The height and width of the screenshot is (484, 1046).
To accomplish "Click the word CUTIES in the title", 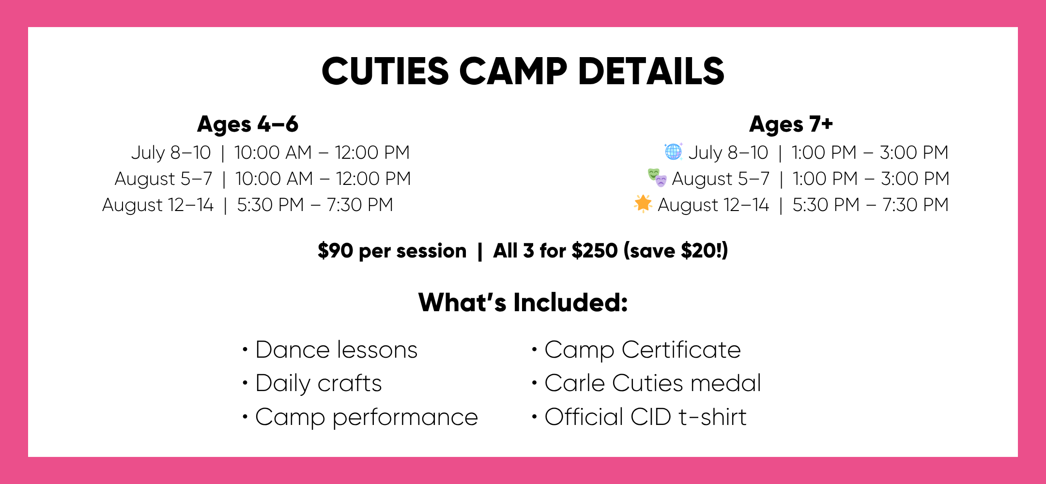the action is [385, 71].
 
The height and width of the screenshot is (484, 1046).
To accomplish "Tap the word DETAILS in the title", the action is [651, 71].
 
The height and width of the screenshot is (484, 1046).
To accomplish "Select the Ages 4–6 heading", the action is [247, 124].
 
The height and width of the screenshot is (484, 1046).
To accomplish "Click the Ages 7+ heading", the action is [791, 124].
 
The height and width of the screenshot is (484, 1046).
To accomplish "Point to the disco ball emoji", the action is [674, 151].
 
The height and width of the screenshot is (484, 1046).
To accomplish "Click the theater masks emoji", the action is [657, 178].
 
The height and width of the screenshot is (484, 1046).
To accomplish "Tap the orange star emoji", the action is [643, 204].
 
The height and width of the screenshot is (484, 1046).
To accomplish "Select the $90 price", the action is [336, 251].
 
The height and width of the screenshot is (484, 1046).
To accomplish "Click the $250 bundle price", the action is [595, 251].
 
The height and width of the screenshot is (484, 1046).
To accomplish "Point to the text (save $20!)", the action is [676, 251].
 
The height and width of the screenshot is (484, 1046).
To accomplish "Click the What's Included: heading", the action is [523, 302].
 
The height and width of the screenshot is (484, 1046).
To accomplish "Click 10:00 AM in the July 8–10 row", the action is [273, 152].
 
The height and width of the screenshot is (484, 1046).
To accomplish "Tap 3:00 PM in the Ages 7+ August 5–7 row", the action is [915, 179].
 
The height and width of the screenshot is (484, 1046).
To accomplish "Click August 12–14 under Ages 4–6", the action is [158, 205].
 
